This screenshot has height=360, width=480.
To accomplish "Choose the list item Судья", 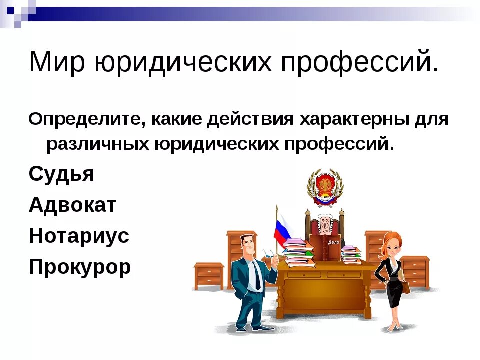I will pos(61,174).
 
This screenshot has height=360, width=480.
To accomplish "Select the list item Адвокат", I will pos(72,205).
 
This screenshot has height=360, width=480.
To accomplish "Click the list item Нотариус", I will pos(79,236).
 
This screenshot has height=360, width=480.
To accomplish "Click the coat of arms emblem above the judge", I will pos(325,187).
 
